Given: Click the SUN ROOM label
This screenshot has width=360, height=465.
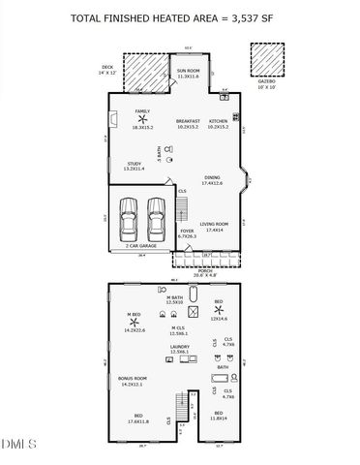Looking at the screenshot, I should [x=188, y=71].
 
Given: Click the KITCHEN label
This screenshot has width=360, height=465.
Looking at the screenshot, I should [x=218, y=121].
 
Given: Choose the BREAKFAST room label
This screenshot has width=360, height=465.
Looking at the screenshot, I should [x=188, y=121].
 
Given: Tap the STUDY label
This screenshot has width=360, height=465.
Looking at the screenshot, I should [x=135, y=164].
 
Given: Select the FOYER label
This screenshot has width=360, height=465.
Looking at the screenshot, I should [x=187, y=231].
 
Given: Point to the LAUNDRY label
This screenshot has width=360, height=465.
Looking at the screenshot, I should [x=179, y=345].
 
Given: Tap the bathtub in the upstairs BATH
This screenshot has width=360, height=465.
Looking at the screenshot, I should [x=221, y=379].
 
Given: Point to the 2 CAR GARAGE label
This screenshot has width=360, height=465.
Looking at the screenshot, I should [x=140, y=246].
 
